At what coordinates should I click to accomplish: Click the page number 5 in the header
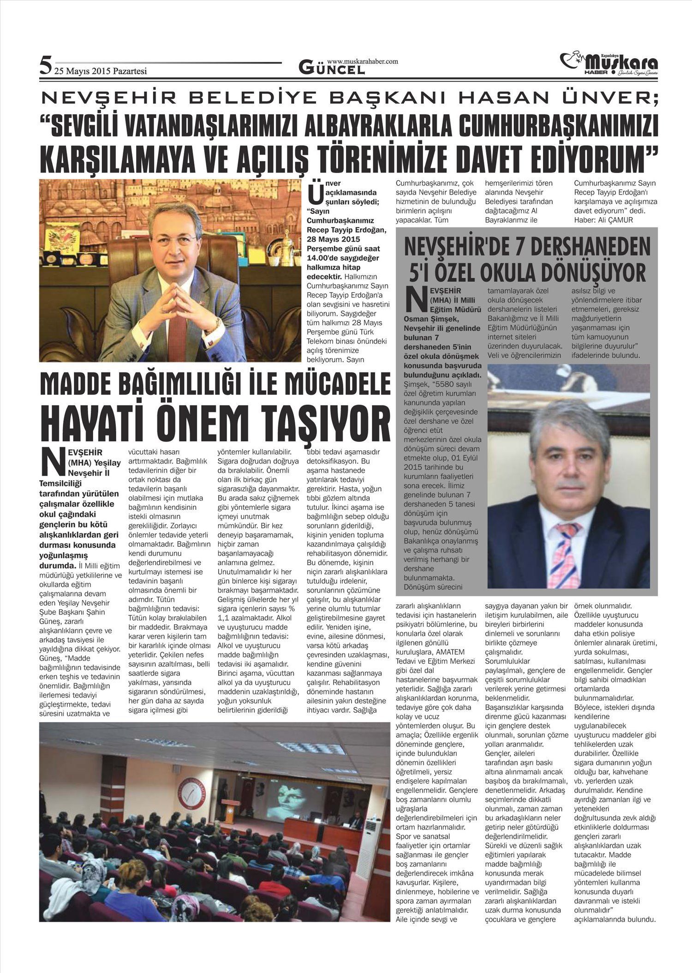pyautogui.click(x=45, y=65)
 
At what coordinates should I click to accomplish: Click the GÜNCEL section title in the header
pyautogui.click(x=332, y=69)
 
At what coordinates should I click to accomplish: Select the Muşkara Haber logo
pyautogui.click(x=608, y=65)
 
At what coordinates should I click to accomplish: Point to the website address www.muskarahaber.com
pyautogui.click(x=362, y=61)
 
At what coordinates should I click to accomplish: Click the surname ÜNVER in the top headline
pyautogui.click(x=617, y=97)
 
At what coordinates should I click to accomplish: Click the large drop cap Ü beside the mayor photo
pyautogui.click(x=314, y=194)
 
